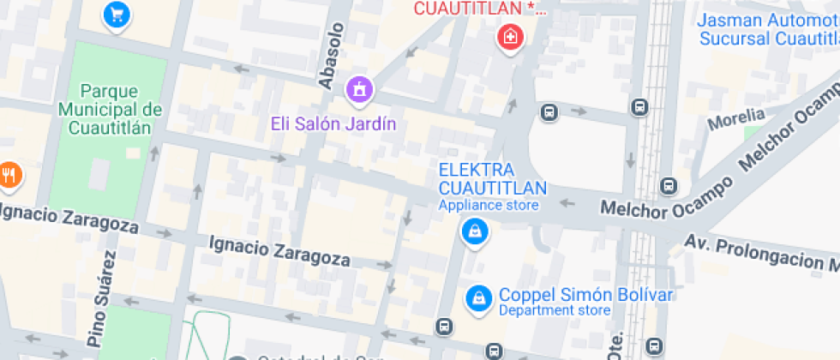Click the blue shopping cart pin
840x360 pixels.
117,14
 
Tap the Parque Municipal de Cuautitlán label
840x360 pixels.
110,108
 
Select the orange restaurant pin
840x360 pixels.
9,174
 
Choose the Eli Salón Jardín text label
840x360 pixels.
333,124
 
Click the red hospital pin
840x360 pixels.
510,37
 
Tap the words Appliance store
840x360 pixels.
489,205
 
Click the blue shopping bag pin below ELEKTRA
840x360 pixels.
472,231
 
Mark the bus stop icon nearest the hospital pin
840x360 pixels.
549,112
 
